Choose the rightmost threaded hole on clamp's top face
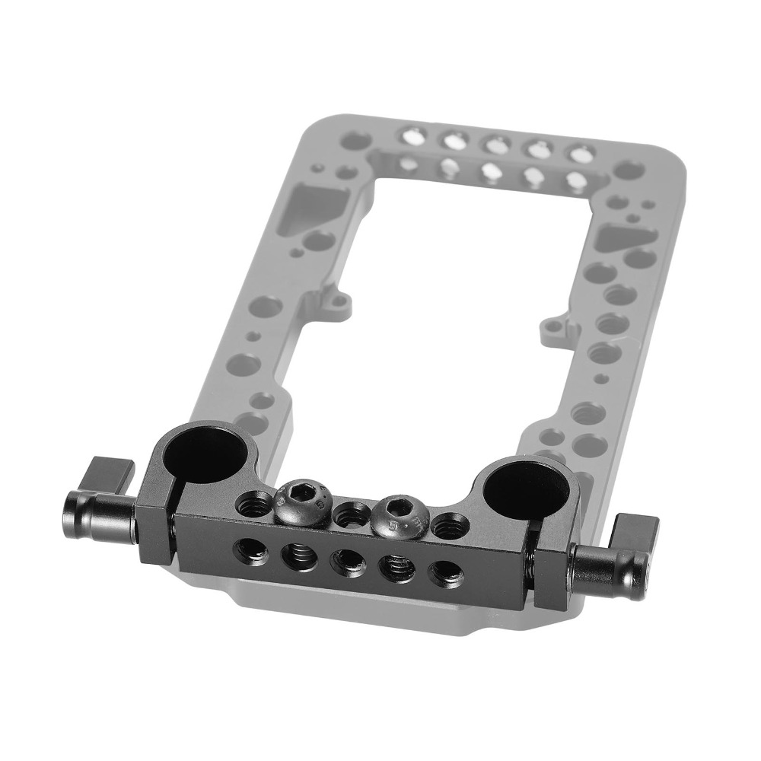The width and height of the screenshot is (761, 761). tap(449, 524)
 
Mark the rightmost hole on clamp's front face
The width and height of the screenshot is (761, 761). tap(445, 575)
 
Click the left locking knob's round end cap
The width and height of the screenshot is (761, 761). tap(75, 514)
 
